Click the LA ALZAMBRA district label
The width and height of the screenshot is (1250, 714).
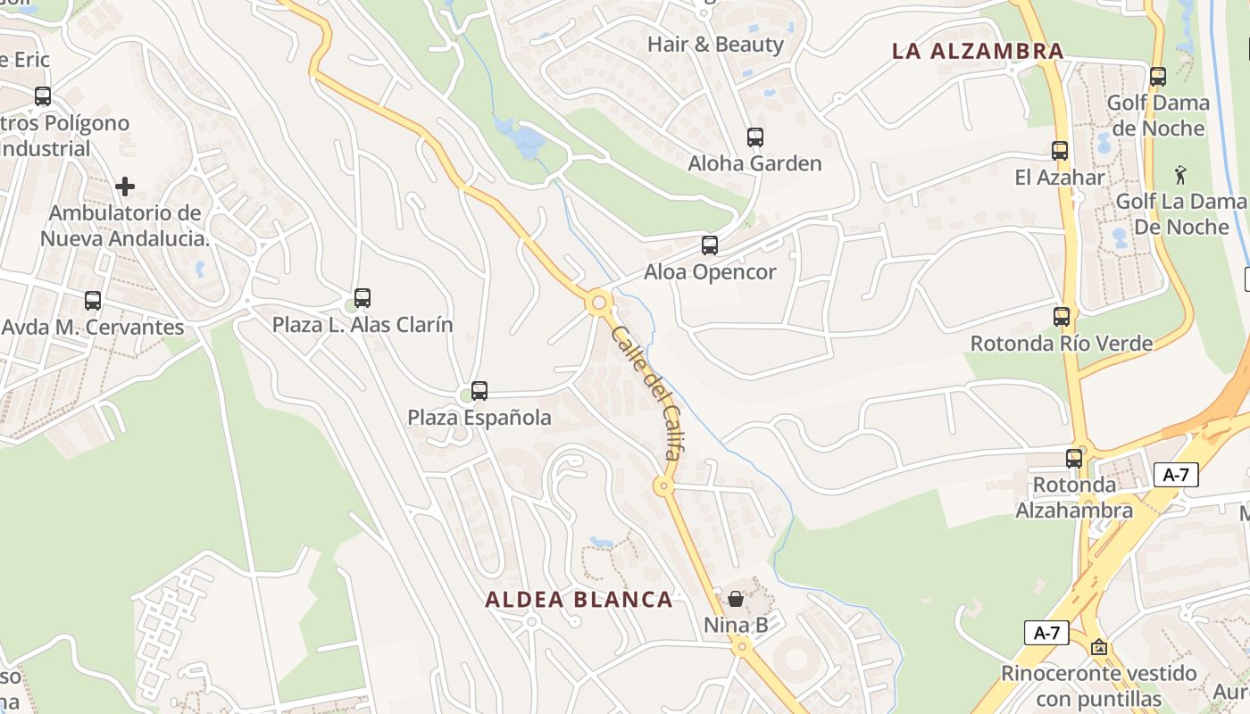(x=978, y=51)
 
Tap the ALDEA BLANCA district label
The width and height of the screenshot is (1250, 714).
(x=579, y=600)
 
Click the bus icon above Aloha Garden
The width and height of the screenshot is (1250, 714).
(x=755, y=137)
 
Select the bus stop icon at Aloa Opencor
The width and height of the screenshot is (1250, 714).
(x=710, y=245)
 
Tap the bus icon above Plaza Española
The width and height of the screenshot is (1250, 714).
(x=479, y=391)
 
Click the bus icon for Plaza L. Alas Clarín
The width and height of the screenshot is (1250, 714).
(x=362, y=298)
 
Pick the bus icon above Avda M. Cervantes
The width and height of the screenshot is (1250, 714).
(x=93, y=301)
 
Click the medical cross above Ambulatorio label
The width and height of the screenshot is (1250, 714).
(x=125, y=187)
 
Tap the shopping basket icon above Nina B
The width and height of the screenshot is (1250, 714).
(x=736, y=599)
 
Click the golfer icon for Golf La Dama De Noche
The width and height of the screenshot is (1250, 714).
(x=1181, y=174)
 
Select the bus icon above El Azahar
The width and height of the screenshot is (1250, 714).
(x=1060, y=151)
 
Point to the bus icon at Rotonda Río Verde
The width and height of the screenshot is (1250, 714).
(x=1062, y=317)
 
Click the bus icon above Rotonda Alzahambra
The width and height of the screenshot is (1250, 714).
(x=1074, y=459)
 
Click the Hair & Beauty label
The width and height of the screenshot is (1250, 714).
(x=715, y=45)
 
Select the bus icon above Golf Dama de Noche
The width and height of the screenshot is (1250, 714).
(x=1158, y=77)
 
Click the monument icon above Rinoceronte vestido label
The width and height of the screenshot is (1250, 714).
(x=1099, y=647)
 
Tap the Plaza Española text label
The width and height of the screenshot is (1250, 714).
(x=479, y=418)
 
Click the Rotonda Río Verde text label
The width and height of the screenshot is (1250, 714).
(x=1062, y=344)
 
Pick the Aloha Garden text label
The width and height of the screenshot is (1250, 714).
(x=754, y=163)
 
